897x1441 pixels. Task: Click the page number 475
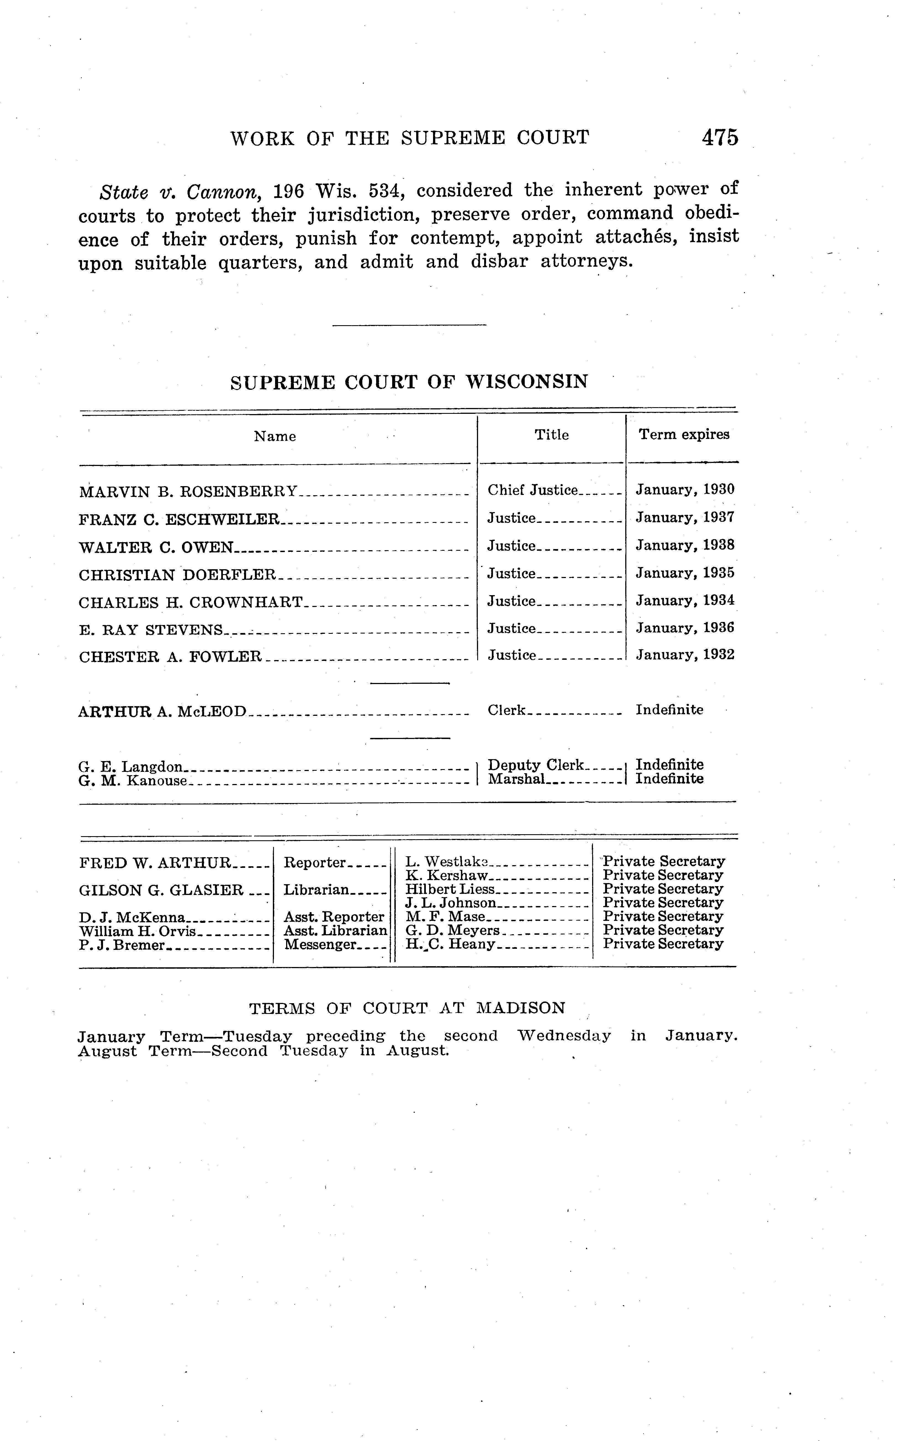pyautogui.click(x=720, y=137)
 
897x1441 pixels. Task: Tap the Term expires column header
pyautogui.click(x=684, y=435)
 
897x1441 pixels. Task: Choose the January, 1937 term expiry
pyautogui.click(x=685, y=518)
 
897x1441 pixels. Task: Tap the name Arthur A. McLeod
pyautogui.click(x=162, y=711)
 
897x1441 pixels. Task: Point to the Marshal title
pyautogui.click(x=516, y=779)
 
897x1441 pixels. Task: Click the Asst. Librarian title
pyautogui.click(x=335, y=930)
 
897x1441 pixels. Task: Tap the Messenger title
pyautogui.click(x=320, y=945)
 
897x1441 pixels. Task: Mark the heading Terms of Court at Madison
pyautogui.click(x=407, y=1008)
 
